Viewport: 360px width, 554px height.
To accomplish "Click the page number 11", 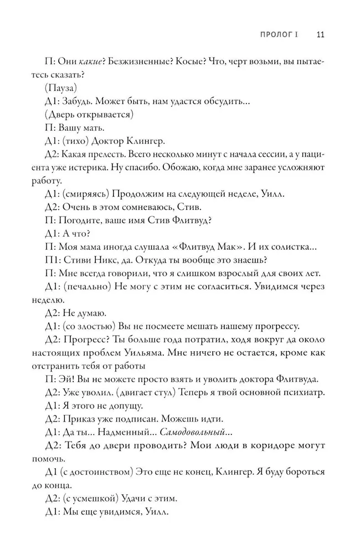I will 320,34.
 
